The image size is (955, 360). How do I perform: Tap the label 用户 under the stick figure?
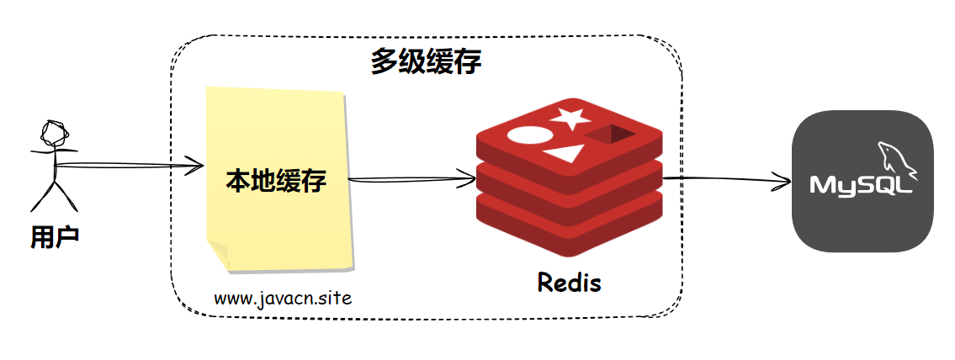coord(55,237)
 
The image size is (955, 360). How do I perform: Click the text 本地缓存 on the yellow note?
coord(276,181)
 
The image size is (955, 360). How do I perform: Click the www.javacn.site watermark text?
coord(283,298)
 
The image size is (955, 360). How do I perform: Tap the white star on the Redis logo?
coord(570,118)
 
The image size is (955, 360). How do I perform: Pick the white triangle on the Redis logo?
coord(564,154)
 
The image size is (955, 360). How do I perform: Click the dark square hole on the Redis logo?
coord(608,134)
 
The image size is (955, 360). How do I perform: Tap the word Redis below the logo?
coord(569,283)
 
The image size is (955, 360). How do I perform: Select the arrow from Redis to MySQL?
coord(728,179)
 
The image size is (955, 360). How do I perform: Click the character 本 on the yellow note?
coord(238,181)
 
